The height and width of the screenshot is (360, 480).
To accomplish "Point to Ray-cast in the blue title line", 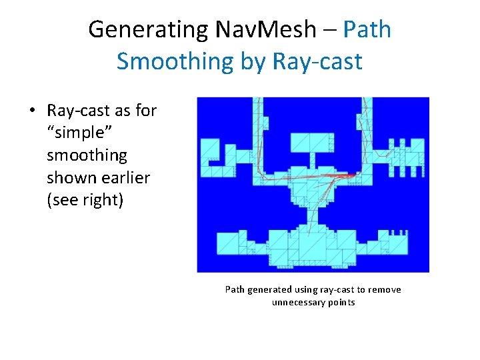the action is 317,61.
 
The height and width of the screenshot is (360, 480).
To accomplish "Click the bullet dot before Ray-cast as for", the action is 33,111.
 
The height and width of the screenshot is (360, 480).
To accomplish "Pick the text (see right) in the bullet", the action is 85,201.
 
